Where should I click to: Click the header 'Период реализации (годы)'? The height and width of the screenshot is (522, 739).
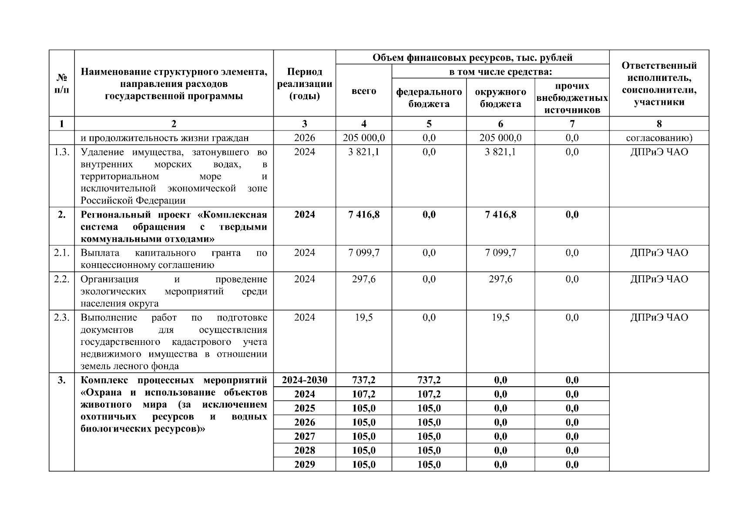click(304, 84)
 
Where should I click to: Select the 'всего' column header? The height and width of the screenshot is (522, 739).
click(363, 91)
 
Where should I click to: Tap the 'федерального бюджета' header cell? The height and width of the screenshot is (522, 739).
click(429, 98)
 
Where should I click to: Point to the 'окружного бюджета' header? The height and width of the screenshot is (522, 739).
click(500, 98)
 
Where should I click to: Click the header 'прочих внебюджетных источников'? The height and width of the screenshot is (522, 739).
click(572, 98)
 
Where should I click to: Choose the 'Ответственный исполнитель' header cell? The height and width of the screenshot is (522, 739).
click(658, 84)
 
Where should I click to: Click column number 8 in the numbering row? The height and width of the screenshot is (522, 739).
click(658, 124)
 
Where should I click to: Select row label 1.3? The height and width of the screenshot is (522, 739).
click(61, 152)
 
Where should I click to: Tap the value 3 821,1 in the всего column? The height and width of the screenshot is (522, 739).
click(363, 152)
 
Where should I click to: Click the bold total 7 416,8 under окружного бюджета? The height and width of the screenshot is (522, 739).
click(501, 214)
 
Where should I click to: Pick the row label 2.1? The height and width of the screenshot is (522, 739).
click(61, 253)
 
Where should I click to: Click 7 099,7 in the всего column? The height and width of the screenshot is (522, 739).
click(363, 253)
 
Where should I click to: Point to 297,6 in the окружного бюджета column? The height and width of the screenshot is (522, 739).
click(501, 279)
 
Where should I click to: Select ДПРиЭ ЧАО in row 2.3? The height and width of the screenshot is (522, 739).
click(658, 318)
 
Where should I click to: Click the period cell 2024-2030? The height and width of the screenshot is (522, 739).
click(304, 380)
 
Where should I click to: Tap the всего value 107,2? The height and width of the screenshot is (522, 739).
click(363, 394)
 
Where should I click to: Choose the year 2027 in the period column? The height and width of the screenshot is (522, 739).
click(304, 436)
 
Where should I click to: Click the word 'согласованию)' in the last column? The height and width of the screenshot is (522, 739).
click(658, 138)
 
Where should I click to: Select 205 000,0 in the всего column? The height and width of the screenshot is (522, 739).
click(363, 138)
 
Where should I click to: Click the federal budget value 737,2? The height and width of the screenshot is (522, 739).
click(429, 380)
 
